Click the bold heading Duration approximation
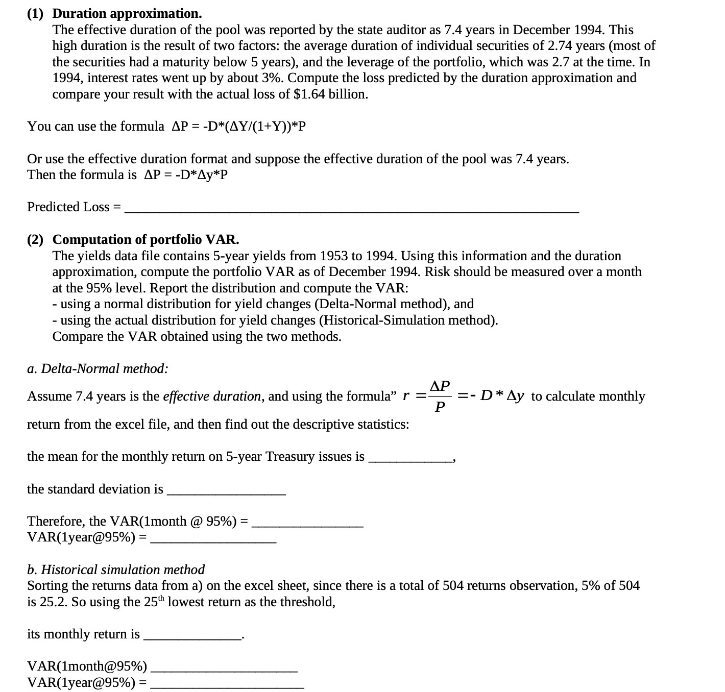(x=127, y=13)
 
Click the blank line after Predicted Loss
(x=352, y=208)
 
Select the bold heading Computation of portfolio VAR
(x=146, y=239)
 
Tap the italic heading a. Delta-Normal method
(x=98, y=368)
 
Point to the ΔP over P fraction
(x=440, y=396)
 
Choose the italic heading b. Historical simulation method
(x=116, y=570)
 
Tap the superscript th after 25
(x=161, y=598)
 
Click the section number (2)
(x=35, y=239)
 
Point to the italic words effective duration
(x=211, y=397)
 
